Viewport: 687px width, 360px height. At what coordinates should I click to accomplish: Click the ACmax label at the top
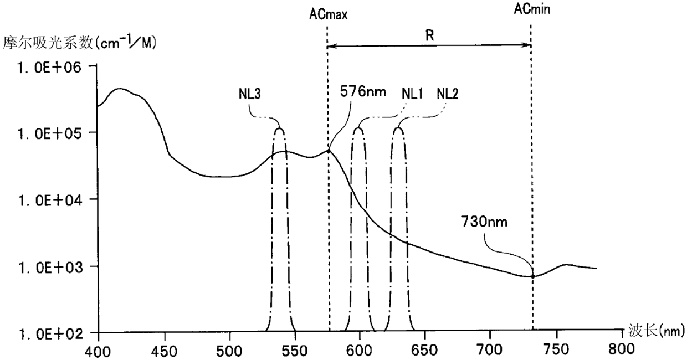pos(328,14)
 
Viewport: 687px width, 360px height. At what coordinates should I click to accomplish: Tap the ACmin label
pos(532,9)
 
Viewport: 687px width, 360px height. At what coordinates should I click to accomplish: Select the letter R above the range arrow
pos(430,35)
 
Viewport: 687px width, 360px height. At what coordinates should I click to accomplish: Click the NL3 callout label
pos(250,94)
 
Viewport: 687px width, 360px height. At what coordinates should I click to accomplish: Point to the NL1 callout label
pos(412,94)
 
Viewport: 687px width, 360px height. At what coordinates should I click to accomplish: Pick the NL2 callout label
pos(448,94)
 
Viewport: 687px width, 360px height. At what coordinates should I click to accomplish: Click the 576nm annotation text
pos(363,91)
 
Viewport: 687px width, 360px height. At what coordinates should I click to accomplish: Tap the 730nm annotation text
pos(484,222)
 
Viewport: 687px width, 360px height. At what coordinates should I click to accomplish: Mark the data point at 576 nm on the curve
pos(329,151)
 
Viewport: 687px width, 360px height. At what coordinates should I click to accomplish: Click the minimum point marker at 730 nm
pos(533,276)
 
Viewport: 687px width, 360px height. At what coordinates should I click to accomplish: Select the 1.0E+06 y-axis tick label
pos(50,68)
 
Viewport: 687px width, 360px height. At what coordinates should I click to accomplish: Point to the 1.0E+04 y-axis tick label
pos(50,201)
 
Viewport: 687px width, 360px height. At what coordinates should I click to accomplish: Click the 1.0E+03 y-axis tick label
pos(50,268)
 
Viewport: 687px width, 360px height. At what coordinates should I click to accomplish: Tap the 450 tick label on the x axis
pos(166,351)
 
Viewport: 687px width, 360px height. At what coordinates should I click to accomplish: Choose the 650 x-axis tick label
pos(425,351)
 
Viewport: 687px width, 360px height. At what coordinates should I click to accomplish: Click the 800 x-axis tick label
pos(622,349)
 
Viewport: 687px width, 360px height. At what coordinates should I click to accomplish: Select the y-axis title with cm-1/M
pos(80,42)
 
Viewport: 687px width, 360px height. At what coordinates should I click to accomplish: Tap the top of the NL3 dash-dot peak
pos(279,128)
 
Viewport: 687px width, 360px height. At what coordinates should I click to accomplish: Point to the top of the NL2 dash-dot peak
pos(398,128)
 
